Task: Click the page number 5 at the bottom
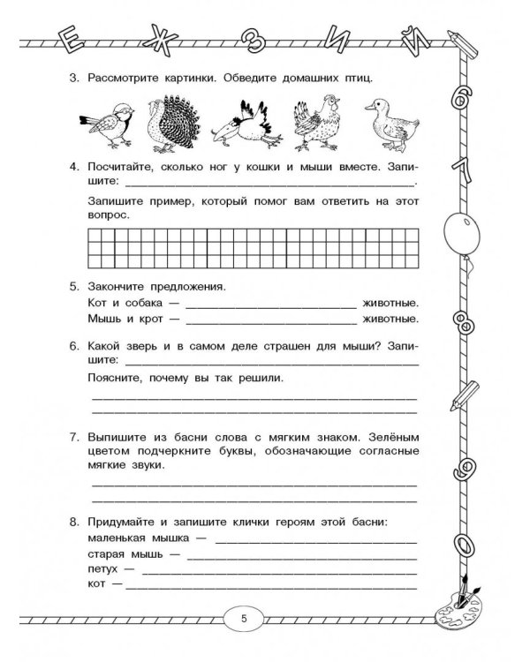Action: pos(245,617)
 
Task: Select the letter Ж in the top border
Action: pos(163,38)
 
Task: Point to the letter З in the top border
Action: pos(257,39)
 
